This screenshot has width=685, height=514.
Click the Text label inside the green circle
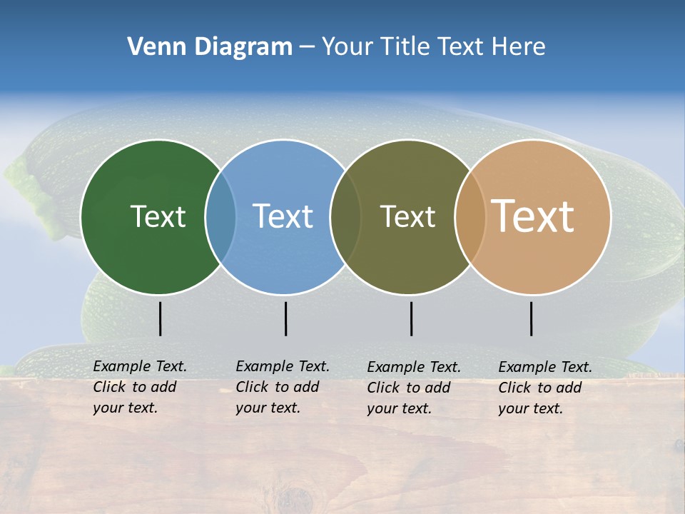(x=158, y=216)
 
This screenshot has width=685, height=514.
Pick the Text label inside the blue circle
(x=283, y=216)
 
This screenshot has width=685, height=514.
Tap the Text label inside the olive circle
(x=407, y=216)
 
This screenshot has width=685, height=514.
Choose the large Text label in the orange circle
(x=532, y=216)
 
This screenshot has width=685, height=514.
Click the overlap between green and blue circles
(x=220, y=216)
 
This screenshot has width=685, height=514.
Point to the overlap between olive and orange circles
(x=470, y=216)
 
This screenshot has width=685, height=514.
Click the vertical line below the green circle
(x=160, y=318)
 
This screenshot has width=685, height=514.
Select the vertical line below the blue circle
(x=285, y=318)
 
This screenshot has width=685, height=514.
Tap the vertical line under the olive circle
(x=411, y=318)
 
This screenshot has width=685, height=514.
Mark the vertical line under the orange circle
(x=531, y=318)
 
